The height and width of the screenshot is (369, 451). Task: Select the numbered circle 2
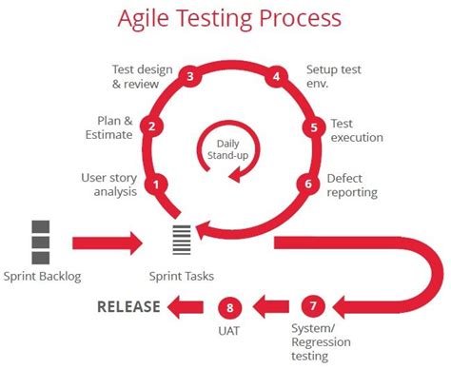click(x=149, y=126)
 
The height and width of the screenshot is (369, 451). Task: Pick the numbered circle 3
click(x=190, y=77)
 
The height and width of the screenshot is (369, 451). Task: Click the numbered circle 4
click(x=277, y=77)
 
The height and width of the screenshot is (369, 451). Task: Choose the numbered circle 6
click(x=304, y=184)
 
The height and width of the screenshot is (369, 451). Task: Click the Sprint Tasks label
click(x=181, y=277)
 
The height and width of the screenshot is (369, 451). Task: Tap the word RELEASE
click(x=128, y=306)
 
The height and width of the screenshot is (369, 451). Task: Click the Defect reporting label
click(x=352, y=184)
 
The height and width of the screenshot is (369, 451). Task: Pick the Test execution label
click(x=357, y=130)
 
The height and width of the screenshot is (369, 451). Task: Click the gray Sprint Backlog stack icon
click(x=41, y=243)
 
